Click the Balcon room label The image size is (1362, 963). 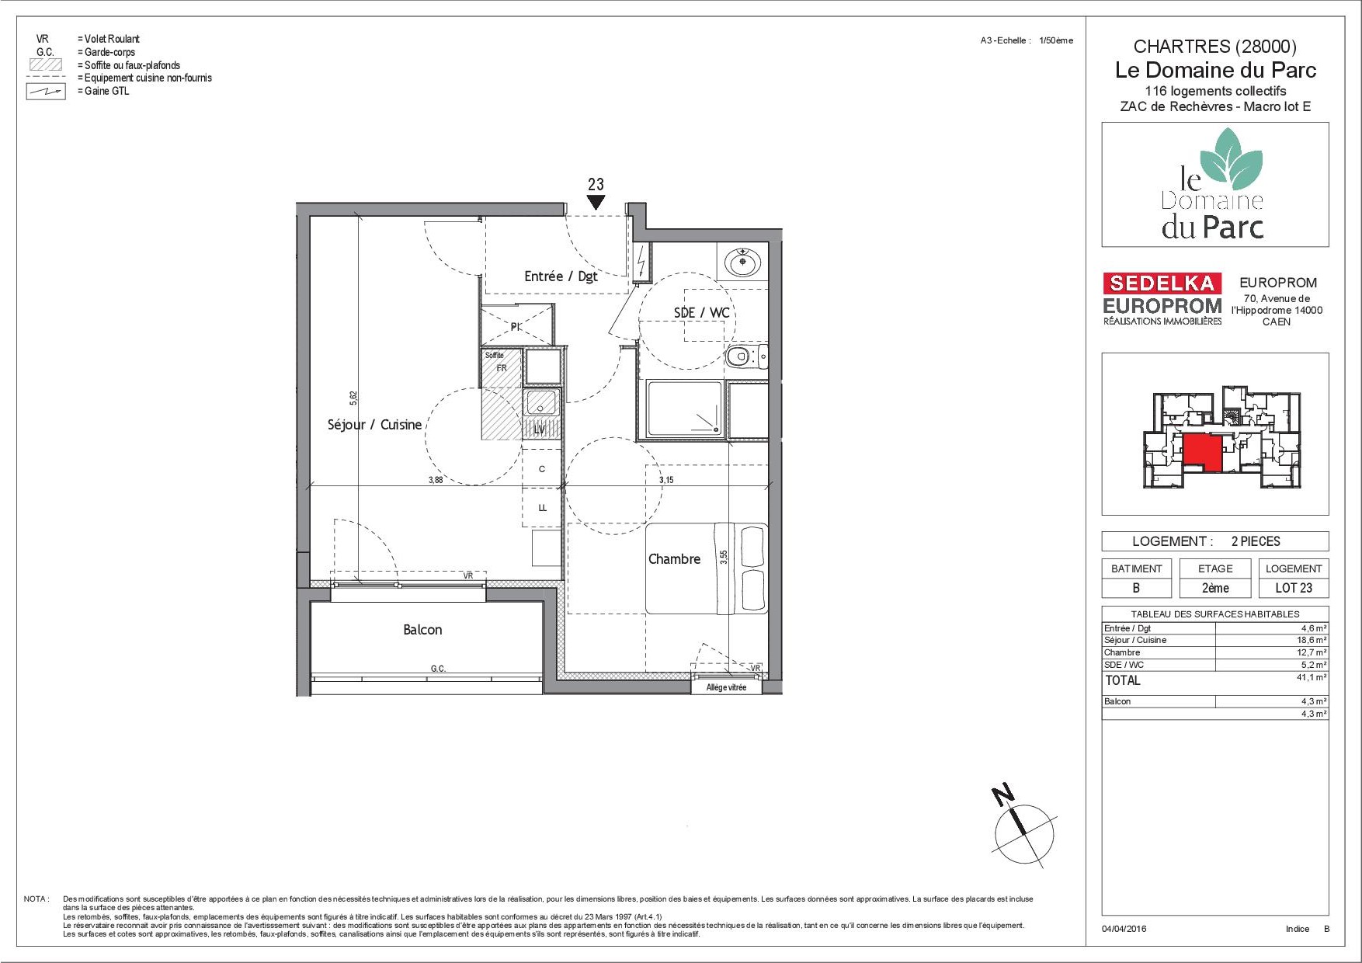click(x=422, y=630)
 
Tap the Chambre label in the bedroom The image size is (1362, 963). click(x=674, y=559)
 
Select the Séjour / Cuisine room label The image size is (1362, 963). click(x=374, y=425)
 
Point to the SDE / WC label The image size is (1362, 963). click(x=701, y=312)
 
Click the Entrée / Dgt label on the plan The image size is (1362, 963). click(x=561, y=276)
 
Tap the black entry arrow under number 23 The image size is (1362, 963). click(x=596, y=202)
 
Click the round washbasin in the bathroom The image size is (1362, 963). click(x=743, y=262)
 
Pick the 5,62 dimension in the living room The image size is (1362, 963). click(x=353, y=398)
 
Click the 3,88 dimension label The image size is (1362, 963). click(x=436, y=480)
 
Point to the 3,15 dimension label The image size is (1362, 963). click(x=666, y=480)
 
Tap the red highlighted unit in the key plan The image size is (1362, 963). click(x=1202, y=453)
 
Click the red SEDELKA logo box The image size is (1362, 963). click(x=1162, y=283)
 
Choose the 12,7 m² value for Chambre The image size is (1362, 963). click(x=1314, y=652)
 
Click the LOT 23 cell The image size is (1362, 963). click(x=1294, y=588)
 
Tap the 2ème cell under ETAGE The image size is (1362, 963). click(x=1215, y=588)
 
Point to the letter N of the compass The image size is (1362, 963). click(x=1003, y=795)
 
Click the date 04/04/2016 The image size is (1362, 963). click(x=1124, y=929)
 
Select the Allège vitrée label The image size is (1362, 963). click(x=726, y=687)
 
